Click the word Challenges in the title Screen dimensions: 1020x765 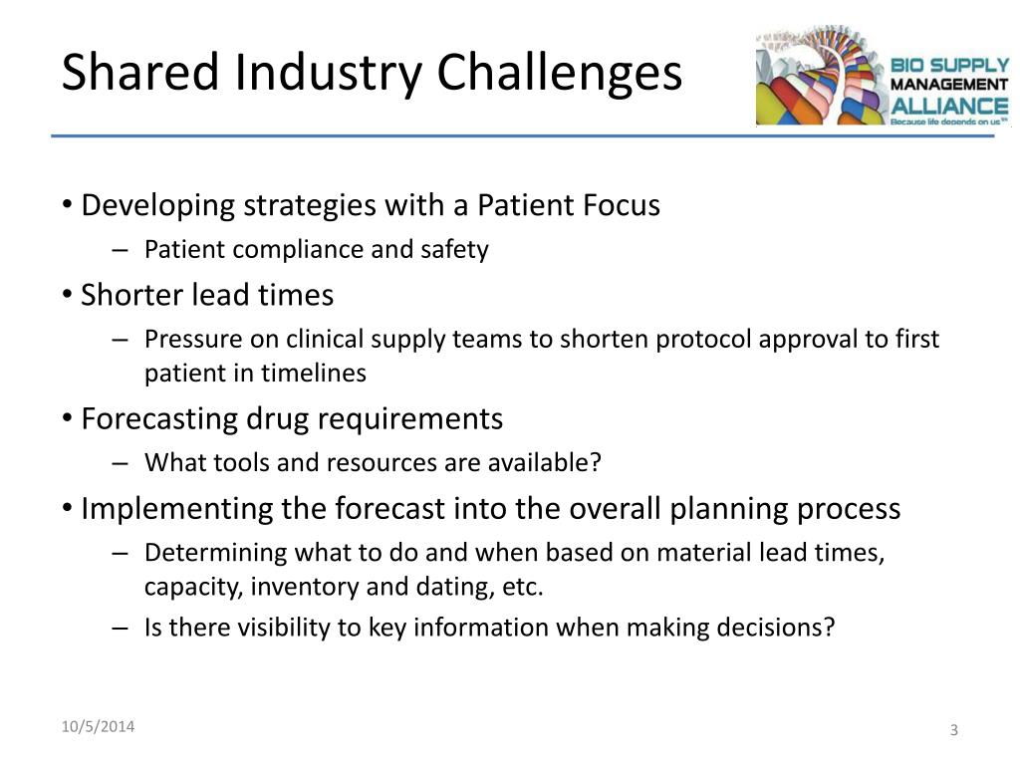click(x=560, y=73)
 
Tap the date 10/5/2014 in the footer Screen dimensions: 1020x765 click(x=99, y=726)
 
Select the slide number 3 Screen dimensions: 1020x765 click(x=954, y=730)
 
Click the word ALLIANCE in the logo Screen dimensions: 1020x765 click(x=949, y=106)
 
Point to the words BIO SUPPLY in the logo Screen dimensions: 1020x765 click(x=949, y=65)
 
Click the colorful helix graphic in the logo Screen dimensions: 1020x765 click(x=822, y=76)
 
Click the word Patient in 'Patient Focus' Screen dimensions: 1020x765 click(x=525, y=205)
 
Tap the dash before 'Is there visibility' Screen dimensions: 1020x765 click(x=120, y=629)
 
